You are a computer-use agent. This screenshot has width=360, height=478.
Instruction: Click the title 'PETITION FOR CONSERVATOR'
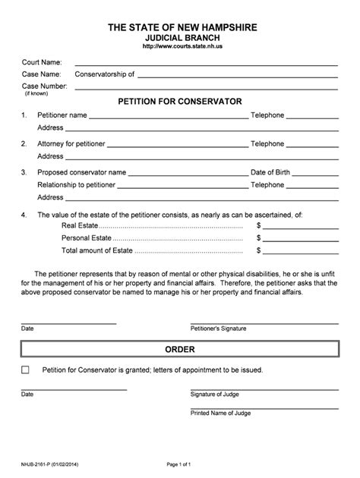pyautogui.click(x=180, y=100)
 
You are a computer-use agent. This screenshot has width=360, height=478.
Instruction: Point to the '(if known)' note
pyautogui.click(x=34, y=93)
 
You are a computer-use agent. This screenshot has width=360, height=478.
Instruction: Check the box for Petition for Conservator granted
pyautogui.click(x=26, y=370)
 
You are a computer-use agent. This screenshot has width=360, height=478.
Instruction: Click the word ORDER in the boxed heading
pyautogui.click(x=180, y=350)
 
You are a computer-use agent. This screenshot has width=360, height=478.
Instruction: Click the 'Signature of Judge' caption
pyautogui.click(x=213, y=395)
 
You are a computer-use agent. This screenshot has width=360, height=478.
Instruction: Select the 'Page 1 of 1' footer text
pyautogui.click(x=180, y=463)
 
